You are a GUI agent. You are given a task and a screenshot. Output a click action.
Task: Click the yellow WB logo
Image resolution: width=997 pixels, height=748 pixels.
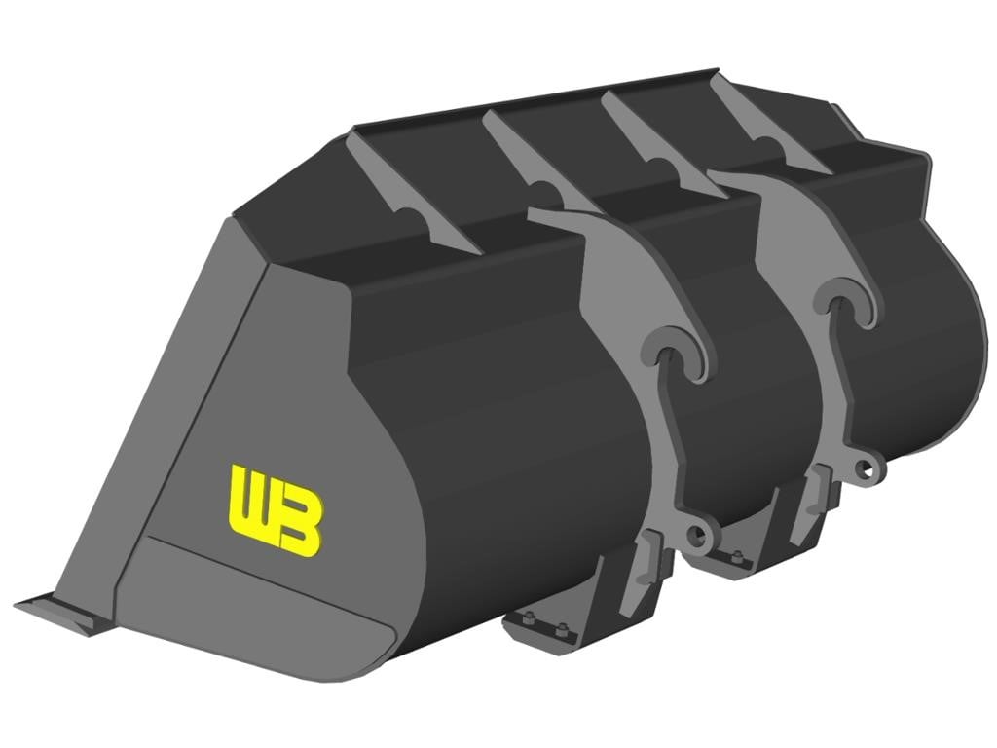276,510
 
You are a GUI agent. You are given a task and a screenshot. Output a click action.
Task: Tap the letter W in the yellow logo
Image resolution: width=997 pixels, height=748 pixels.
250,502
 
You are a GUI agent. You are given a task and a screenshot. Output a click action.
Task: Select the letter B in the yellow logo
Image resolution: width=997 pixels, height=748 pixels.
299,523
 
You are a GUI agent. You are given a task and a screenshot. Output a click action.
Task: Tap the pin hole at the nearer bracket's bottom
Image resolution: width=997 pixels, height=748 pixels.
698,536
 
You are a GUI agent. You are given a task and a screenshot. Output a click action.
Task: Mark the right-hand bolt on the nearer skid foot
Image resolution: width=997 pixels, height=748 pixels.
561,630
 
